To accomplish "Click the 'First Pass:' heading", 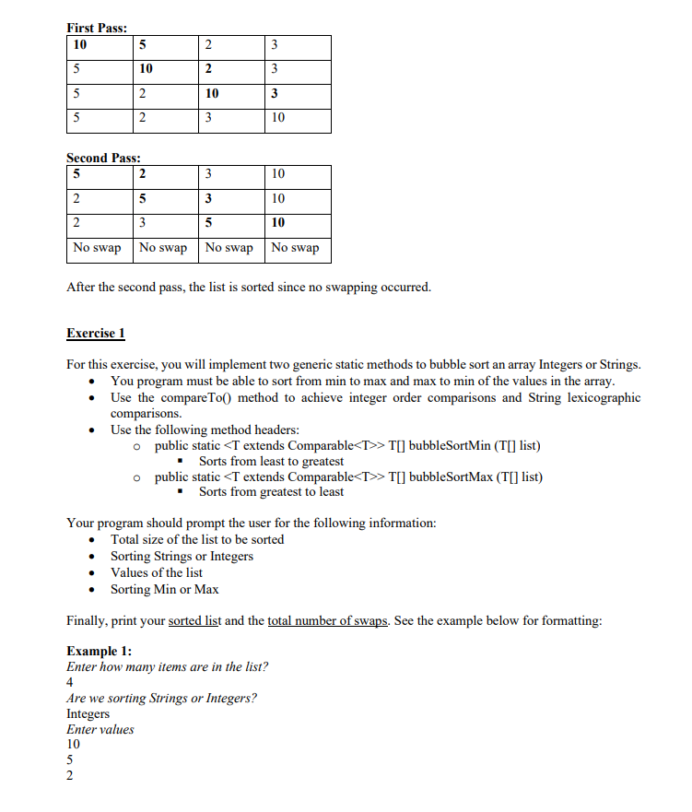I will pos(97,28).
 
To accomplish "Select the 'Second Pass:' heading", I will pos(103,158).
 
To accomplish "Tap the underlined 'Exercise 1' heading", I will pos(96,333).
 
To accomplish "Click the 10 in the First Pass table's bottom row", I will pos(278,118).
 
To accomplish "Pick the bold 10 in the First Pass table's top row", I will pos(79,46).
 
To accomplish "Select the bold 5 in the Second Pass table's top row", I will pos(76,173).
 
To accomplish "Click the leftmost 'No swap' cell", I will pos(98,248).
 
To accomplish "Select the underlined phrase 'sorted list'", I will pos(194,620).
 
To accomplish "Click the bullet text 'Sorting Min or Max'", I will pos(165,589).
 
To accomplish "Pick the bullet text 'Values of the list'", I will pos(157,572).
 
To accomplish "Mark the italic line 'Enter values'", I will pos(100,729).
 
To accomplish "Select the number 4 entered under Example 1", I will pos(71,682).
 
